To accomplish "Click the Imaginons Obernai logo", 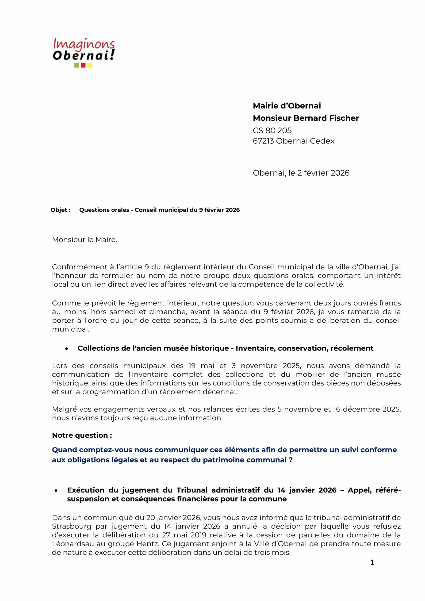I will tap(84, 50).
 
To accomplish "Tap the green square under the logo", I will tap(77, 65).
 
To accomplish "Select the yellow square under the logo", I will tap(90, 65).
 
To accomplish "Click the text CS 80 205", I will tap(272, 130).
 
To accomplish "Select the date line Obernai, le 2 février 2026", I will tap(301, 173).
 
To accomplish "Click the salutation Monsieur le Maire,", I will tap(84, 240).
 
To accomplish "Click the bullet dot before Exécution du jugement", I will tap(56, 490).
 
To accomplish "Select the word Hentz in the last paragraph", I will tap(148, 544).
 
